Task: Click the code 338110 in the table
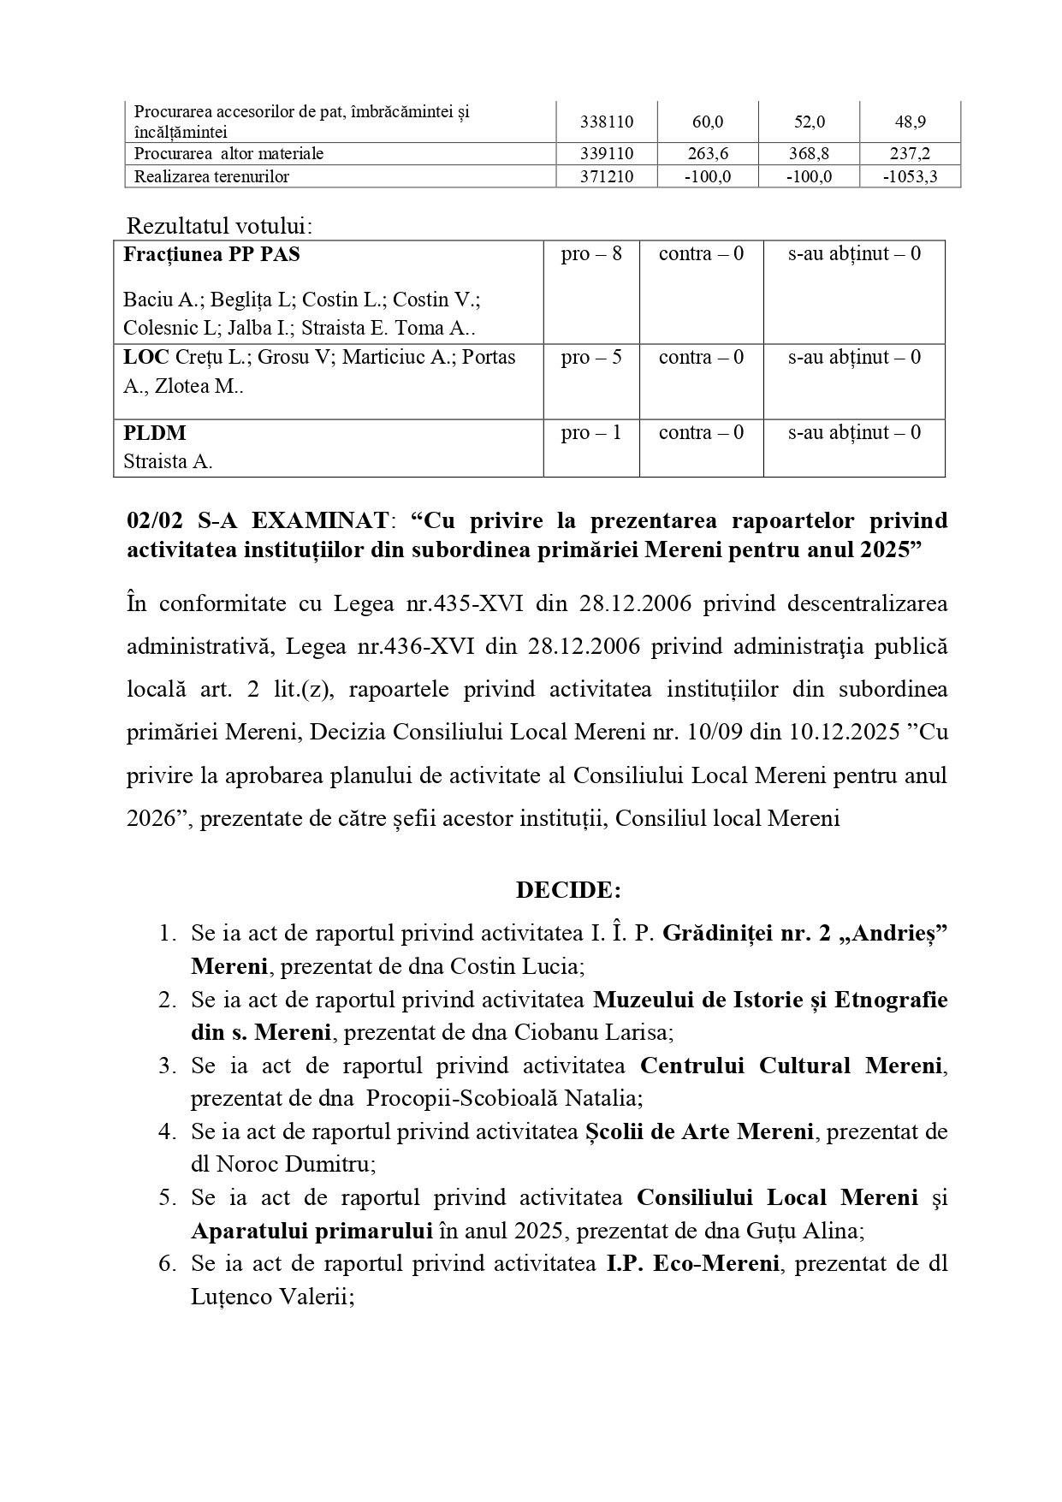pos(607,122)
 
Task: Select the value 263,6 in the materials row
pos(707,154)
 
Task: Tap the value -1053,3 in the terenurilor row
pos(910,177)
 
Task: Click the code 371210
pos(607,177)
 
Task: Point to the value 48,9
pos(910,122)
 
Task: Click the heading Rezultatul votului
pos(219,226)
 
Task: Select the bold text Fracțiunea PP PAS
pos(211,254)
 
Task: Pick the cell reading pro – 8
pos(591,254)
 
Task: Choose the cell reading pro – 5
pos(591,357)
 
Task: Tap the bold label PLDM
pos(155,433)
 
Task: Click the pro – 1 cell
pos(591,433)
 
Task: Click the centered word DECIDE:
pos(568,890)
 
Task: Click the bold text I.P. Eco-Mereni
pos(686,1263)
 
